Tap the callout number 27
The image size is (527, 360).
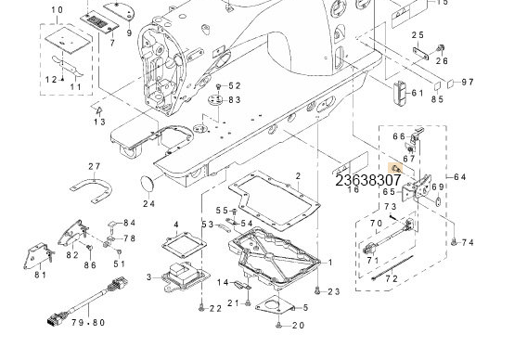pyautogui.click(x=94, y=166)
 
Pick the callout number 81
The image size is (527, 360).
pyautogui.click(x=40, y=275)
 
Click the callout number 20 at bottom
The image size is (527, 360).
pyautogui.click(x=298, y=325)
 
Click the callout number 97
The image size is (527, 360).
pyautogui.click(x=467, y=82)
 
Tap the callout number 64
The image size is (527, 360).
pyautogui.click(x=460, y=177)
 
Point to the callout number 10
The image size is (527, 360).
pyautogui.click(x=57, y=9)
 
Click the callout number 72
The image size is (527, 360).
pyautogui.click(x=392, y=278)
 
